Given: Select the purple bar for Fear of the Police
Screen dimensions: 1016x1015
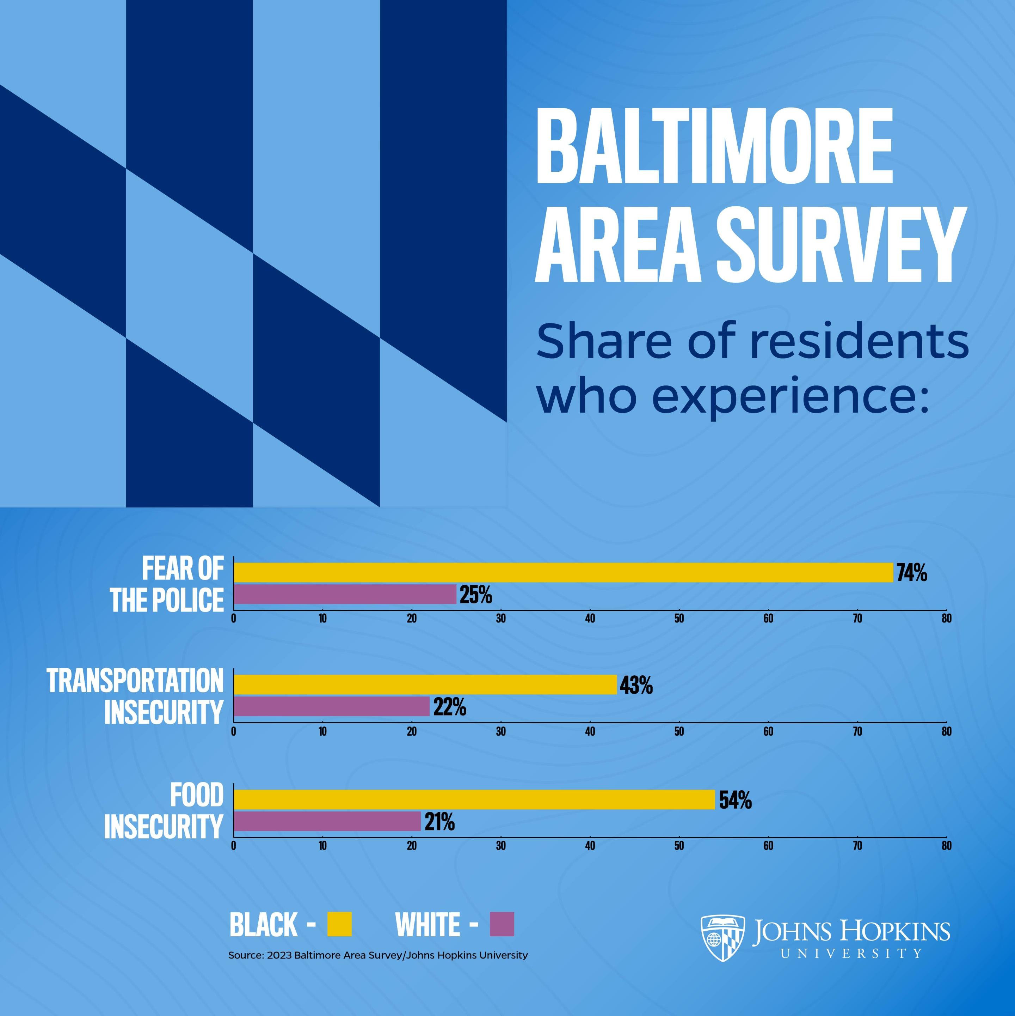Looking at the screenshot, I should click(345, 594).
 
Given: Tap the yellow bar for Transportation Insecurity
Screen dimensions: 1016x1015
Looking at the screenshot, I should click(425, 685).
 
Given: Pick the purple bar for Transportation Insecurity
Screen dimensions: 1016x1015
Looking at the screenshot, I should click(331, 706).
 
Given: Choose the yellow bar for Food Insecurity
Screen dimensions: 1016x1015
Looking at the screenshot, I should click(474, 799).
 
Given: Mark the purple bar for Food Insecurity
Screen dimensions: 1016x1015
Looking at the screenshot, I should click(327, 821).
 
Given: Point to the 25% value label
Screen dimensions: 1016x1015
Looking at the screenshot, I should click(476, 595).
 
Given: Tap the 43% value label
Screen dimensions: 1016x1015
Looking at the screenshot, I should click(636, 686).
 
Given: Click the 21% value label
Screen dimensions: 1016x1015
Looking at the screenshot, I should click(440, 822).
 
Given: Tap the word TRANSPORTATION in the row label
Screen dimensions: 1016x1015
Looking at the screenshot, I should click(136, 682).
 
